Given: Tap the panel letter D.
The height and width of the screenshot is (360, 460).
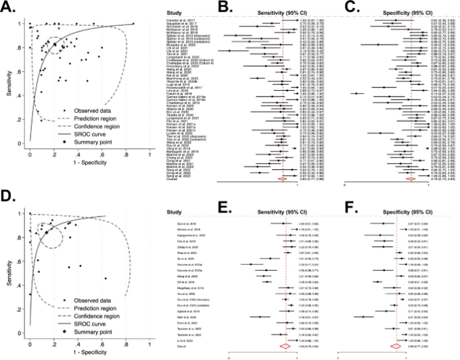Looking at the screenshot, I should pos(9,198).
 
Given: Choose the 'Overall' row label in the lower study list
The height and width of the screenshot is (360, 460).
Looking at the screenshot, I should pos(180,345).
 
